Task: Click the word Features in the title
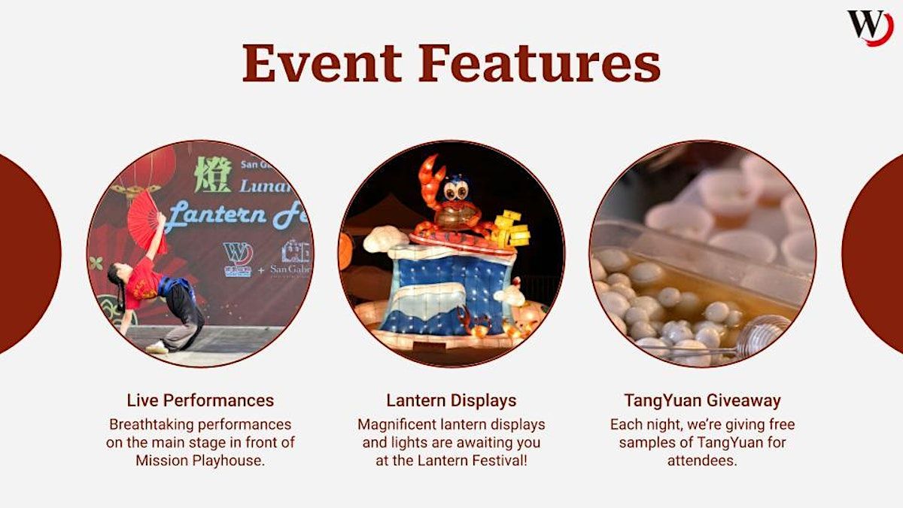pyautogui.click(x=537, y=63)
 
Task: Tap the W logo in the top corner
pyautogui.click(x=870, y=27)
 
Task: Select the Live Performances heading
pyautogui.click(x=200, y=400)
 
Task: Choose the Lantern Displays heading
pyautogui.click(x=451, y=400)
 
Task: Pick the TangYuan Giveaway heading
pyautogui.click(x=702, y=400)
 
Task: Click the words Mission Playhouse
pyautogui.click(x=200, y=461)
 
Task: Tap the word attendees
pyautogui.click(x=702, y=461)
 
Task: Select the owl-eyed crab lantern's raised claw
pyautogui.click(x=431, y=177)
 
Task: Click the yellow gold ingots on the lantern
pyautogui.click(x=512, y=230)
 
